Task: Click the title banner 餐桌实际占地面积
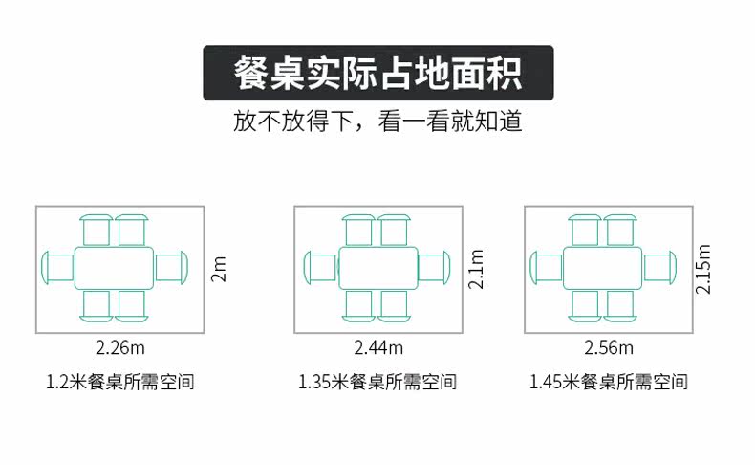click(377, 74)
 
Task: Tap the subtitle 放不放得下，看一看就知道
click(377, 123)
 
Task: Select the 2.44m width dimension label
click(378, 346)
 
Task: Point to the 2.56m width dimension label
click(609, 346)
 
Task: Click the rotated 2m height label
click(219, 269)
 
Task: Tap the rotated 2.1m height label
click(477, 269)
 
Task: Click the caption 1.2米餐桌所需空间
click(120, 383)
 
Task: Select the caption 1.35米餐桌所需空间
click(377, 383)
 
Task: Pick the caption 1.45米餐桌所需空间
click(609, 383)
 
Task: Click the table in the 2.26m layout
click(115, 268)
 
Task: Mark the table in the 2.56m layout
click(602, 268)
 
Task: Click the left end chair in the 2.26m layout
click(58, 268)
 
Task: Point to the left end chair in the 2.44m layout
click(320, 268)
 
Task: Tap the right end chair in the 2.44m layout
click(433, 268)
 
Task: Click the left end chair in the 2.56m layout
click(547, 268)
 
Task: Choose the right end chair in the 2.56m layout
click(659, 268)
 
